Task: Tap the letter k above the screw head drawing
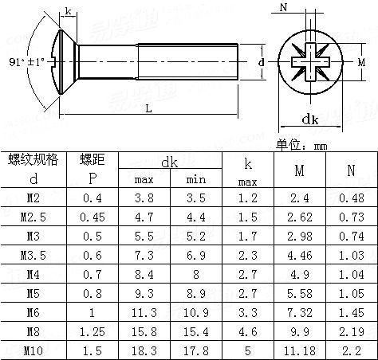pos(69,11)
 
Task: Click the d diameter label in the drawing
pos(261,62)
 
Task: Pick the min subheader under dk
pos(195,179)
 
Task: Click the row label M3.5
pos(33,253)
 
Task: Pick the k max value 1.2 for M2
pos(248,197)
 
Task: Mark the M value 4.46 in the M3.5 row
pos(299,253)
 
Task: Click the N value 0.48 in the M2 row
pos(351,197)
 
